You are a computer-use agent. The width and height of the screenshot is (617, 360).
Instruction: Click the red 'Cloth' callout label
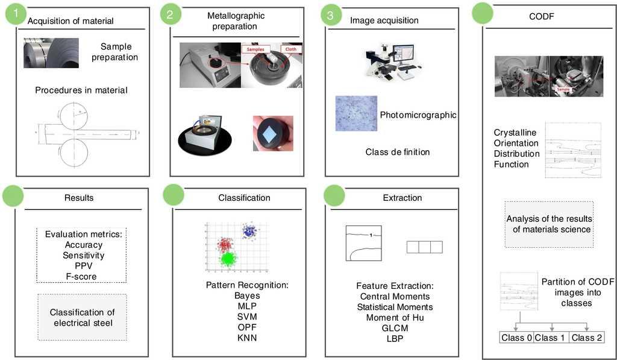[x=290, y=49]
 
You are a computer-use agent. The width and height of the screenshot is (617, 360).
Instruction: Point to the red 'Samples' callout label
[x=258, y=49]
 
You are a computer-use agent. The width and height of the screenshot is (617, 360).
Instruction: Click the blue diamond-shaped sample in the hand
[x=272, y=132]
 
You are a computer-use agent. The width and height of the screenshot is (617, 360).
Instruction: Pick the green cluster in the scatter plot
[x=228, y=259]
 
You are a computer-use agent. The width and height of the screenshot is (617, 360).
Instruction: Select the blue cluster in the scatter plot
[x=248, y=230]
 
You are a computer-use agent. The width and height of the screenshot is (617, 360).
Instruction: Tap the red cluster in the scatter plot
[x=224, y=244]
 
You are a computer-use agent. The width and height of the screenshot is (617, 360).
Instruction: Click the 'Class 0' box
[x=516, y=338]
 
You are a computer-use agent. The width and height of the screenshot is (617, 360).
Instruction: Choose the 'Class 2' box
[x=587, y=338]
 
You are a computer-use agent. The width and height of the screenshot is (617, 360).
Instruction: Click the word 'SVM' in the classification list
[x=247, y=317]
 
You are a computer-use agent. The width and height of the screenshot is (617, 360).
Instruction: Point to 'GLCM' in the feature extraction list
[x=395, y=328]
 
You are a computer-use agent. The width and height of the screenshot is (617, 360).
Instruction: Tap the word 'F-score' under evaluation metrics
[x=81, y=276]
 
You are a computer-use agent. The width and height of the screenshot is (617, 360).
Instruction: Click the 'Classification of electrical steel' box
[x=82, y=318]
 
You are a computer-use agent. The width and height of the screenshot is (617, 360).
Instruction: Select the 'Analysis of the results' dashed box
[x=549, y=224]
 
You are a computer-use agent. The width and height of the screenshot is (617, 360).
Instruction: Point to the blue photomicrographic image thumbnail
[x=356, y=113]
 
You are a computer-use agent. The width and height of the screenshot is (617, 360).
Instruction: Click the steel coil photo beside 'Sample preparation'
[x=51, y=53]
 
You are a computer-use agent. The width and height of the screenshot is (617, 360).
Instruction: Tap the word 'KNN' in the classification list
[x=247, y=338]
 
